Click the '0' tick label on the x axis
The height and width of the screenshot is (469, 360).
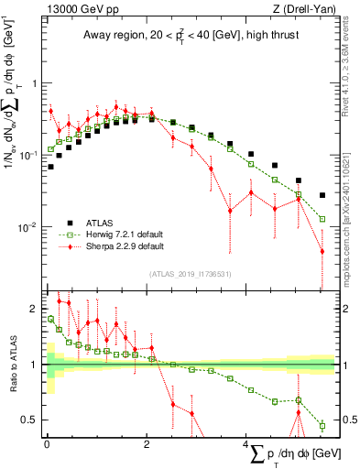(x=47, y=444)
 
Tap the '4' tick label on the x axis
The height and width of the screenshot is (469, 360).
(x=246, y=444)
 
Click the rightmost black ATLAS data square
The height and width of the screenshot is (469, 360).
(x=322, y=195)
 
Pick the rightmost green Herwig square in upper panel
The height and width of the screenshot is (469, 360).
(x=322, y=219)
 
